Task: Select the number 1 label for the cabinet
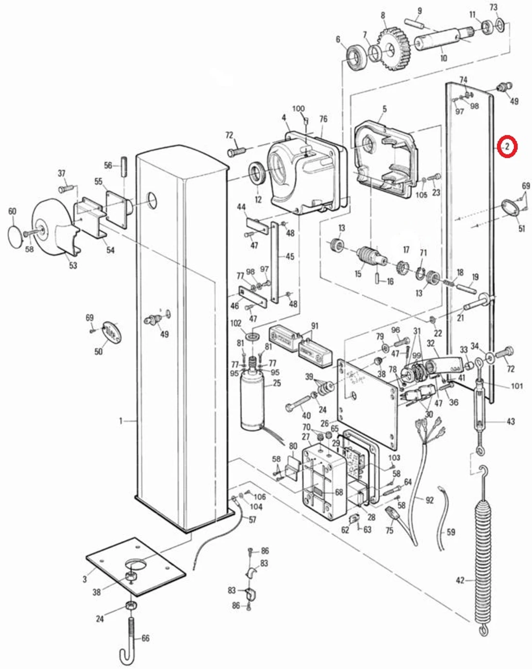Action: pyautogui.click(x=121, y=421)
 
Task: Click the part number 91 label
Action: pyautogui.click(x=315, y=326)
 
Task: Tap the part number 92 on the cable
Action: pyautogui.click(x=429, y=500)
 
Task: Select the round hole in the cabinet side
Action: pyautogui.click(x=152, y=198)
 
